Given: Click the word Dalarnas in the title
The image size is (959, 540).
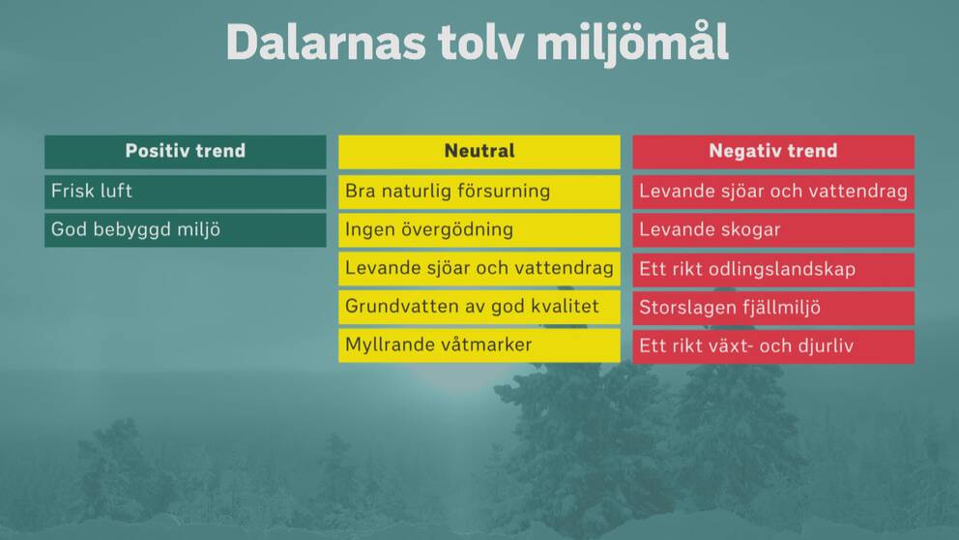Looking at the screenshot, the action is click(x=326, y=43).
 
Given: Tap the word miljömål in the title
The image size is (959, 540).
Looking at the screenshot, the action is click(x=632, y=43).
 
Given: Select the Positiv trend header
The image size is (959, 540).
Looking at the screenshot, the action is click(x=186, y=152).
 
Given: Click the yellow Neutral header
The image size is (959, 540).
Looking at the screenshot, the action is click(x=479, y=152).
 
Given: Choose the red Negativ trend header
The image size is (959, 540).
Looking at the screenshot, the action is click(x=773, y=152).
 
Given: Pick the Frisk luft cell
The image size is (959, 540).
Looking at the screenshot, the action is click(x=186, y=192).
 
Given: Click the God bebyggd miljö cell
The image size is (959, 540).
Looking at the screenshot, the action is click(x=186, y=230).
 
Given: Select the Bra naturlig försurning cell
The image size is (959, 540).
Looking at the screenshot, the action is click(x=479, y=192).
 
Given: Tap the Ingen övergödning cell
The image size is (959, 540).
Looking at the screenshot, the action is click(x=479, y=230).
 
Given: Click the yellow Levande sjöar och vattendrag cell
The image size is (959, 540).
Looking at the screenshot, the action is click(x=479, y=269).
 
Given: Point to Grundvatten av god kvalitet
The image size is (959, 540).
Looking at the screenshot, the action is click(x=479, y=308).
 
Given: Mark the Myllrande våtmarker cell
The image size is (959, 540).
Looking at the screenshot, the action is click(x=479, y=345).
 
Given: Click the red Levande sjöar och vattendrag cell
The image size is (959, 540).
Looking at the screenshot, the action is click(x=773, y=192).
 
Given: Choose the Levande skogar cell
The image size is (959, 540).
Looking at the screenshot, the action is click(x=773, y=230).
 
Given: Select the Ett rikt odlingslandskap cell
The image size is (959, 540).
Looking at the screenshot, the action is click(x=773, y=270).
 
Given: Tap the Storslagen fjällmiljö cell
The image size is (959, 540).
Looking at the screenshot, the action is click(x=773, y=309).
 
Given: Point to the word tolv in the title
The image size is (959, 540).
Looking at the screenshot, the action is click(x=480, y=43).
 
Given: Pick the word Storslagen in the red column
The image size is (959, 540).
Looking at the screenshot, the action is click(x=679, y=309).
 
